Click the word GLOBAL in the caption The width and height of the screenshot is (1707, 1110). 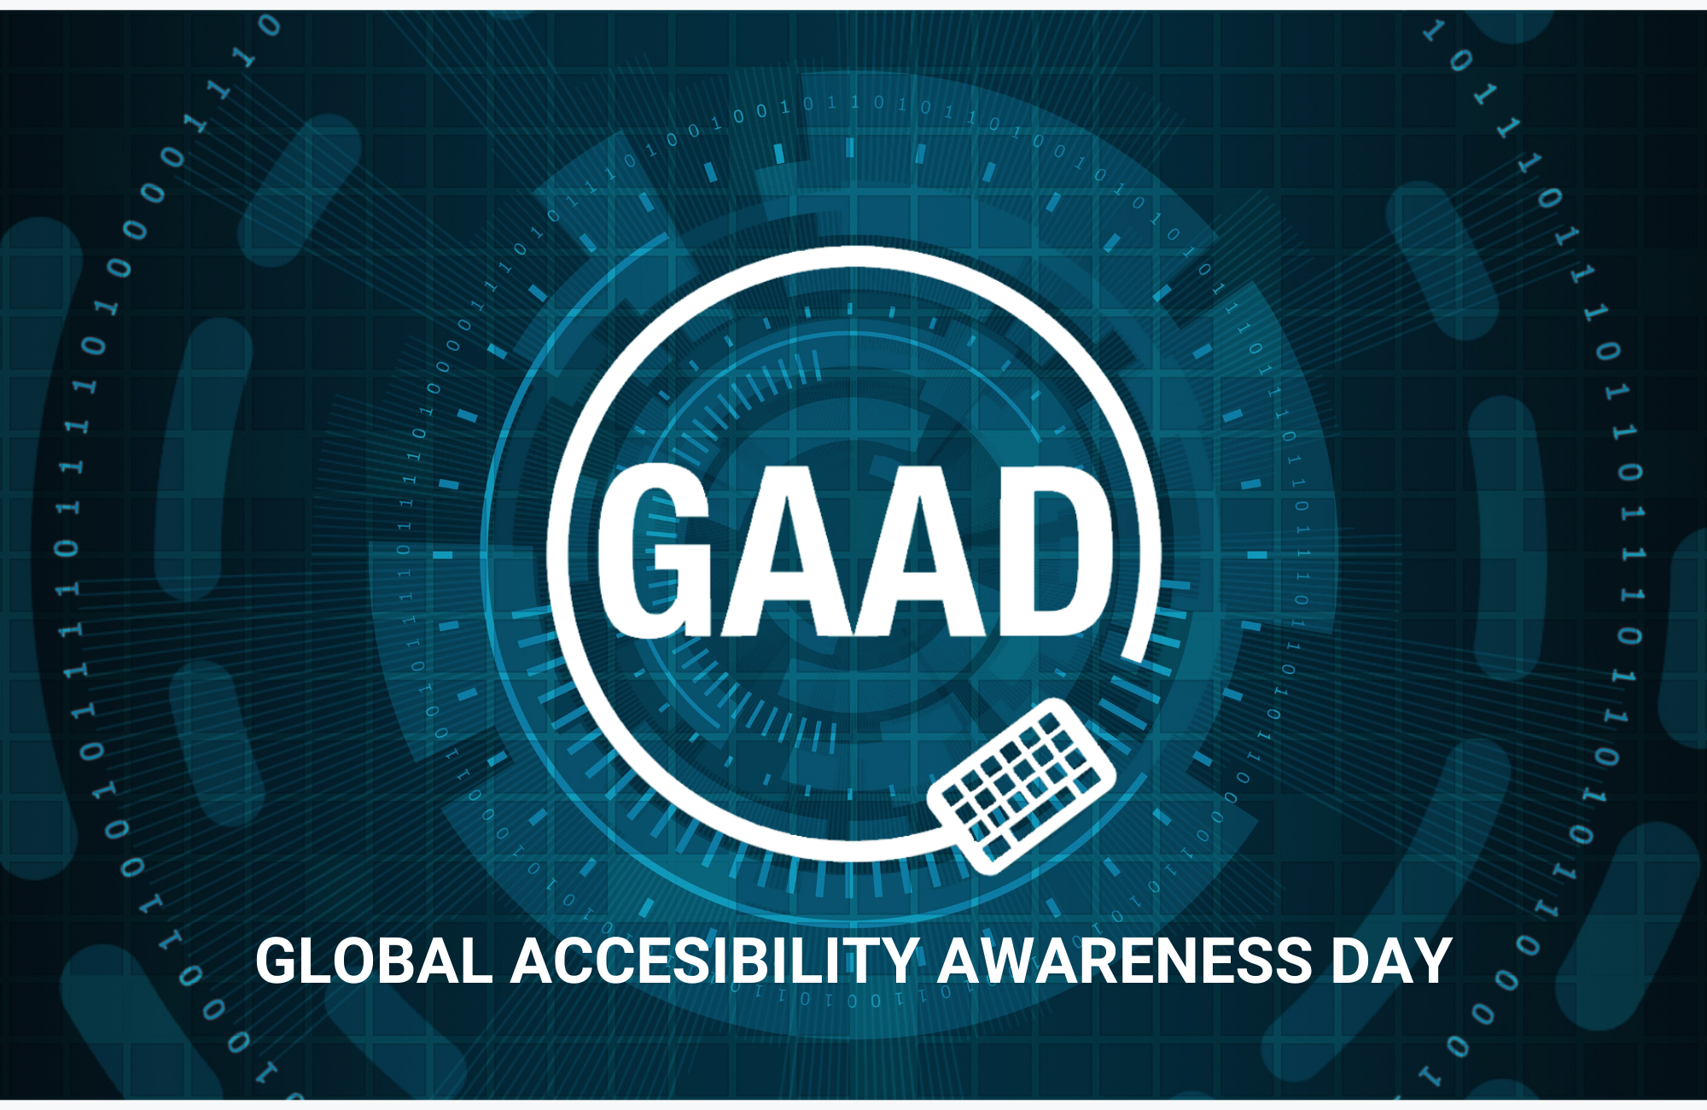pos(375,961)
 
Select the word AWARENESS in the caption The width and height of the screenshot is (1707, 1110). pos(1124,961)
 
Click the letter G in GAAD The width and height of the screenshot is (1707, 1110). pos(654,551)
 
